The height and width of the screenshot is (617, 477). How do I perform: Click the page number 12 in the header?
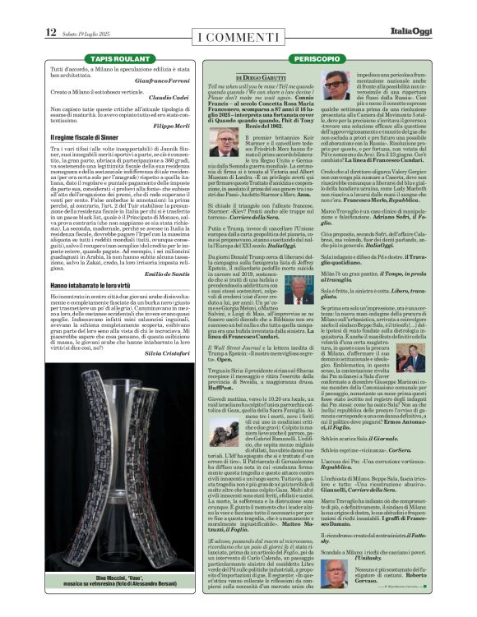click(x=51, y=32)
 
